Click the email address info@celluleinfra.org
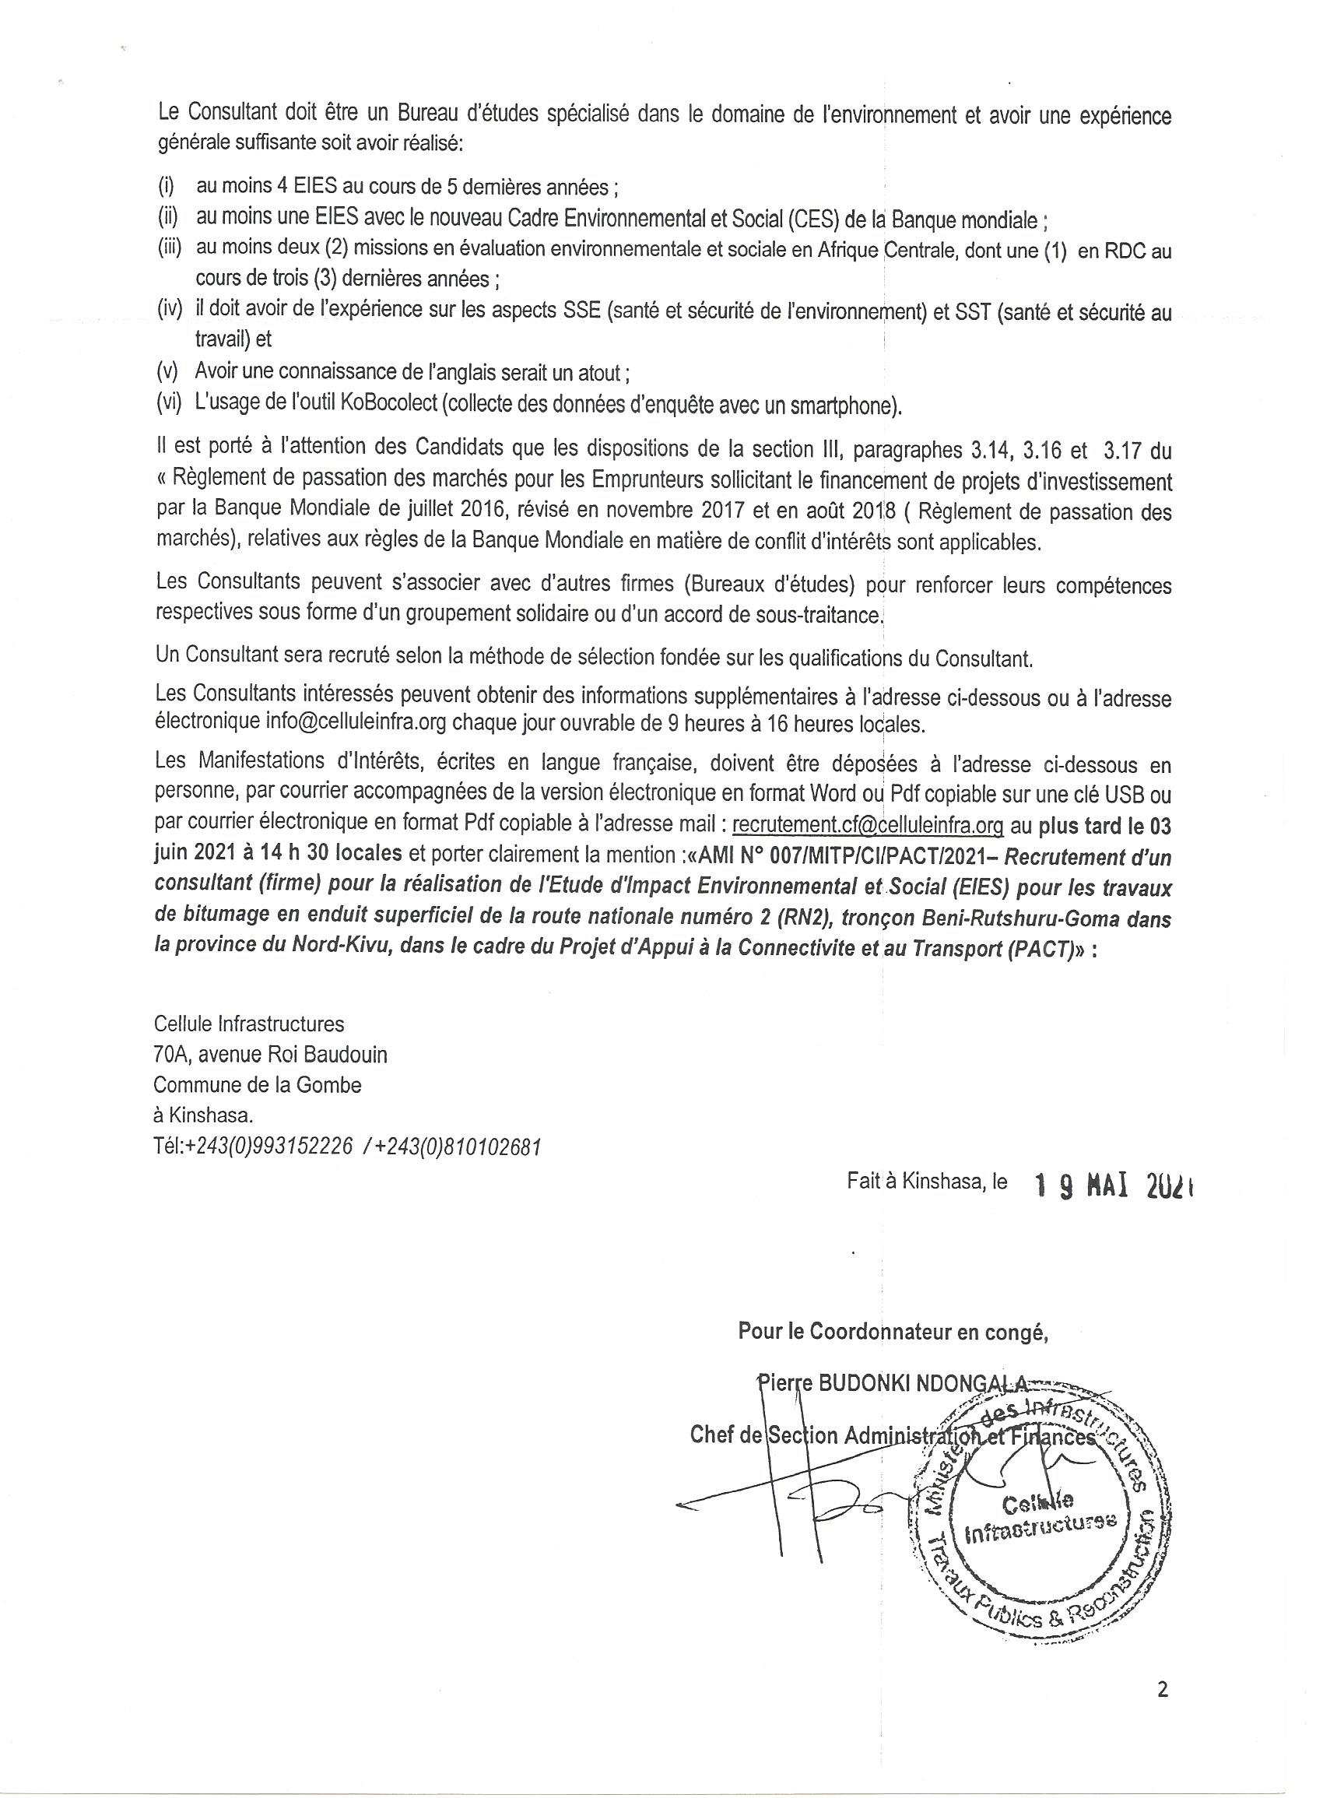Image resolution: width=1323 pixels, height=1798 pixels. [x=356, y=723]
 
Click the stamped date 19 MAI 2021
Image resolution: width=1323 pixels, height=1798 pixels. [x=1113, y=1185]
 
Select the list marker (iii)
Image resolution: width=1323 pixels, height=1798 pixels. [x=170, y=250]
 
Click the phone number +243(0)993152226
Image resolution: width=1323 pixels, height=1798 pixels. [x=269, y=1147]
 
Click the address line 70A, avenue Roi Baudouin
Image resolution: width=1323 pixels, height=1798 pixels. [x=270, y=1055]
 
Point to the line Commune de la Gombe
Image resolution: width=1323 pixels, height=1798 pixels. [x=257, y=1085]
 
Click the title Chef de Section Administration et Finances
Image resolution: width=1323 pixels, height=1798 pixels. [x=891, y=1436]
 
